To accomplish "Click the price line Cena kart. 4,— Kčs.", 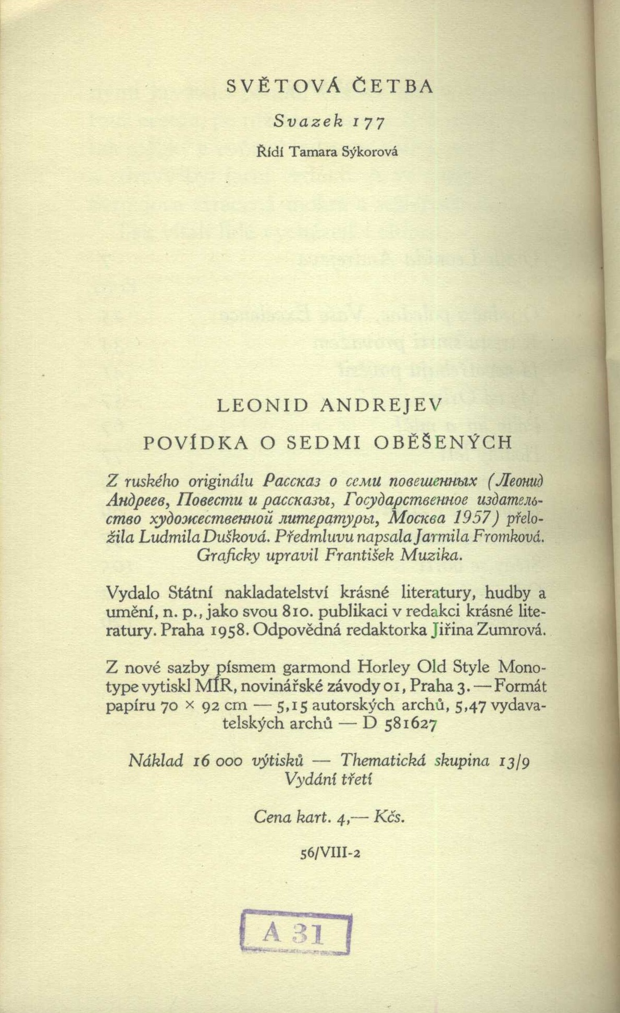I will tap(329, 817).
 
